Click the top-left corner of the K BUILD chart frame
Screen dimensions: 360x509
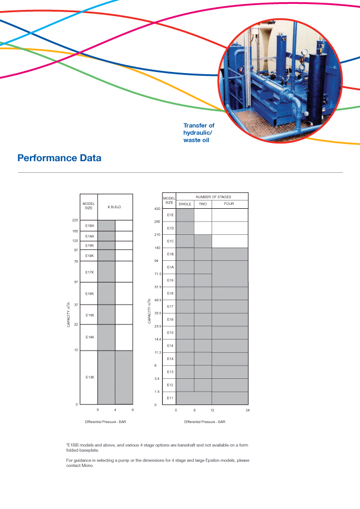80,194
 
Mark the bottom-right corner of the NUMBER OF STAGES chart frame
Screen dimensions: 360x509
248,404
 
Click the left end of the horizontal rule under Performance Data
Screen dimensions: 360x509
18,172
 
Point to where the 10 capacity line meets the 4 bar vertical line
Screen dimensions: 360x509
115,351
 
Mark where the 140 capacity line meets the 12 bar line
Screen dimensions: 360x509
212,248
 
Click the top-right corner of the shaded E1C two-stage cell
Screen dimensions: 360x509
212,235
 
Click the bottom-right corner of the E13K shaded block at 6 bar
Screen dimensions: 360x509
133,404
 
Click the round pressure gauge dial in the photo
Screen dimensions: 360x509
305,53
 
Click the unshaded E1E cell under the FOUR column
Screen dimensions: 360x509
230,215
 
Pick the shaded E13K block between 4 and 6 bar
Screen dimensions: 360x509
124,378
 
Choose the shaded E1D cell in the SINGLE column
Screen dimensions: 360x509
185,228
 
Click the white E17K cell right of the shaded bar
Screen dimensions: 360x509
124,272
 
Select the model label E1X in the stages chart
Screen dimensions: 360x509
170,359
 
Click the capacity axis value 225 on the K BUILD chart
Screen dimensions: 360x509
75,220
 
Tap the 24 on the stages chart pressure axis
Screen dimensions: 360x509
248,410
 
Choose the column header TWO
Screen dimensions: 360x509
203,204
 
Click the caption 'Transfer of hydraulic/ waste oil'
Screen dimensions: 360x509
199,133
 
